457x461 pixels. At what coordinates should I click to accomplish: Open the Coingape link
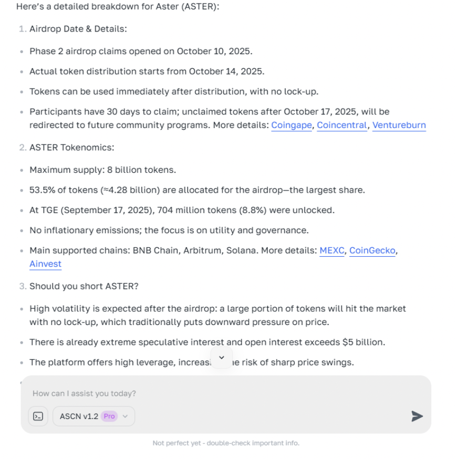click(x=292, y=125)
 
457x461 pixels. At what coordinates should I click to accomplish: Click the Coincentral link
click(x=342, y=125)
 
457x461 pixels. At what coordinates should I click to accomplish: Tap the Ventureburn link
click(x=399, y=125)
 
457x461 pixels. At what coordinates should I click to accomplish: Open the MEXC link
click(x=332, y=250)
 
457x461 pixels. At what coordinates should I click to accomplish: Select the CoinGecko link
click(x=372, y=250)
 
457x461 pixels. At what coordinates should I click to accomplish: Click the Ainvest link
click(x=45, y=264)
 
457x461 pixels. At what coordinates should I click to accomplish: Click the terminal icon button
click(x=38, y=416)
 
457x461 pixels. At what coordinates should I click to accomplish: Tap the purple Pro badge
click(x=109, y=416)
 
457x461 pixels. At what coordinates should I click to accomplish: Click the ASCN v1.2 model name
click(x=79, y=416)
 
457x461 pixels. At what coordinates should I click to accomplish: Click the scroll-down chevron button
click(x=221, y=358)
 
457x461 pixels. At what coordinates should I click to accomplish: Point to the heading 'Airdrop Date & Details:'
click(x=78, y=29)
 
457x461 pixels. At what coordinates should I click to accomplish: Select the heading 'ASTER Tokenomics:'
click(x=71, y=148)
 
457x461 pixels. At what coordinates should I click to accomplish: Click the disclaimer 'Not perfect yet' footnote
click(x=226, y=443)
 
